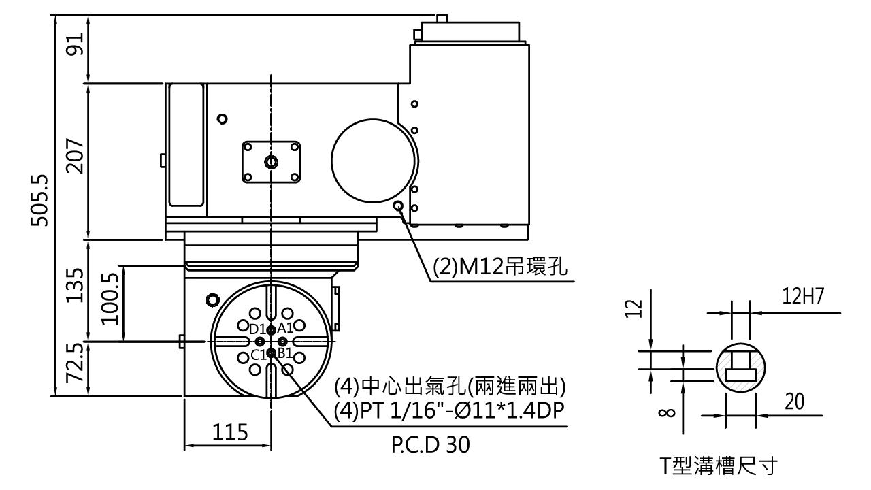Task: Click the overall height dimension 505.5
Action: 39,201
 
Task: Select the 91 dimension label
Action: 76,48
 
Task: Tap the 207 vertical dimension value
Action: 76,156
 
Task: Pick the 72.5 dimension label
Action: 76,362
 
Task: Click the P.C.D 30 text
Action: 431,445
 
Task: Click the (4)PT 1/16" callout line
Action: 449,410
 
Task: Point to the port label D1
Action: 257,329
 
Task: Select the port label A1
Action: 284,329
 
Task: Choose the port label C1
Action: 258,355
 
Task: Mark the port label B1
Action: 284,354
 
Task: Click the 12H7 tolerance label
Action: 803,296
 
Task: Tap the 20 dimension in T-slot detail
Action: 794,402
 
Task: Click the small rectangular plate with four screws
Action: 271,161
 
